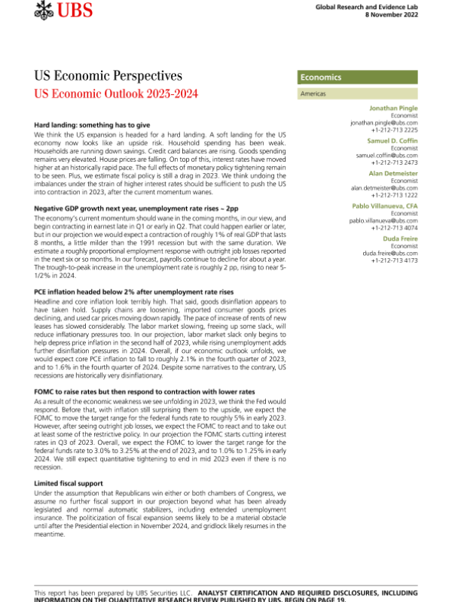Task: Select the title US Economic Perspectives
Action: [x=108, y=76]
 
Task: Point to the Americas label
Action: [x=313, y=94]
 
